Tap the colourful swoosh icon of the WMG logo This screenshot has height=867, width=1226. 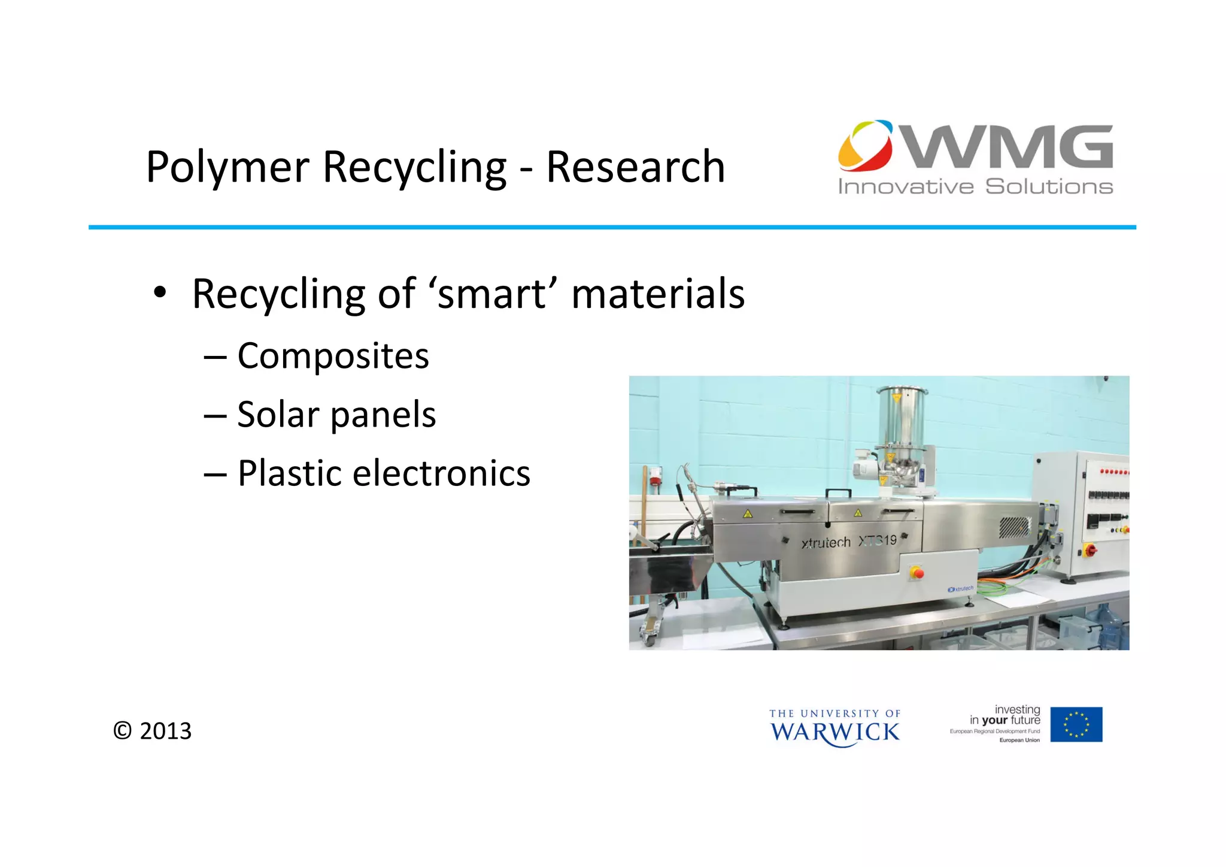coord(865,146)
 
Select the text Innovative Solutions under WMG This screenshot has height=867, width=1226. coord(975,187)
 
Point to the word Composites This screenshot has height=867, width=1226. coord(333,356)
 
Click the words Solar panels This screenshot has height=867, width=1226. coord(336,415)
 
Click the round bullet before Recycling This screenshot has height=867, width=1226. coord(159,293)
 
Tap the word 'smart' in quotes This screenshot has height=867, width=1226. coord(493,294)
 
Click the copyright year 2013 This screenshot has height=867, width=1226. coord(165,731)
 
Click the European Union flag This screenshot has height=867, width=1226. coord(1076,724)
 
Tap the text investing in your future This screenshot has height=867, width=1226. coord(1005,715)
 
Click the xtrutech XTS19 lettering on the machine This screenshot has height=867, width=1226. coord(849,542)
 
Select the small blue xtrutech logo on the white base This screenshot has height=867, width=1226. coord(961,589)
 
